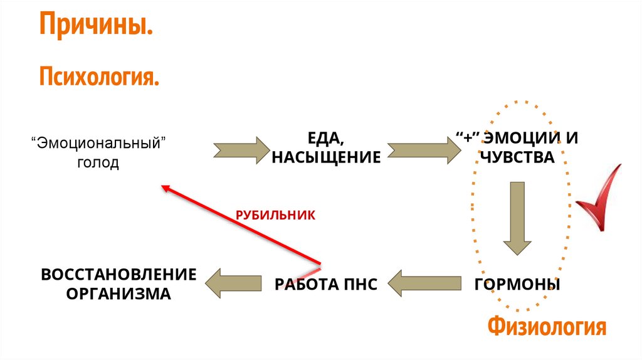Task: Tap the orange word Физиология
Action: point(547,327)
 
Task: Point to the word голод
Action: point(97,163)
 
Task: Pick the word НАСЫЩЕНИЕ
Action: point(326,157)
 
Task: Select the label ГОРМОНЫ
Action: point(517,285)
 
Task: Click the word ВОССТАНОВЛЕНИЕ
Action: point(118,274)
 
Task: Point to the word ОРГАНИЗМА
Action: point(118,294)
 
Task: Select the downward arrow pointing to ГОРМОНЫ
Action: point(517,216)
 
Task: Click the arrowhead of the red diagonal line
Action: point(164,188)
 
